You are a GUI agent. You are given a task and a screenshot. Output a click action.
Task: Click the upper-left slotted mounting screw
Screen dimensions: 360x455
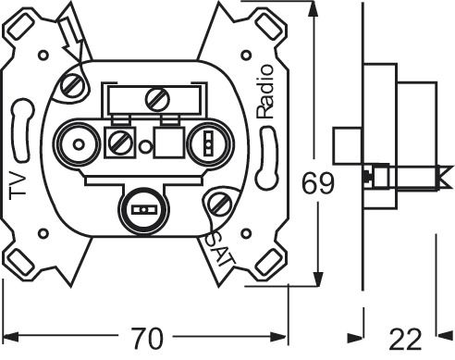[70, 89]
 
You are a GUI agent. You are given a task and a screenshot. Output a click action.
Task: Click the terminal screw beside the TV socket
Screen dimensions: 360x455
[119, 143]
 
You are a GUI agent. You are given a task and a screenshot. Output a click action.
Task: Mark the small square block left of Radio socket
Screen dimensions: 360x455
[168, 143]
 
